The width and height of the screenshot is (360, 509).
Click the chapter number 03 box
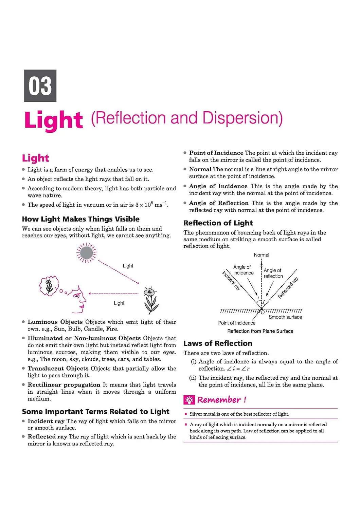coord(40,86)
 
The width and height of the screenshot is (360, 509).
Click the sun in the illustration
coord(86,253)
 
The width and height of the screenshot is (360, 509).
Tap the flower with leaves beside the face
coord(150,300)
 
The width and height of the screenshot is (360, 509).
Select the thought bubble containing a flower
coord(49,286)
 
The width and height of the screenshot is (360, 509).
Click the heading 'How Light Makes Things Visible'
coord(81,219)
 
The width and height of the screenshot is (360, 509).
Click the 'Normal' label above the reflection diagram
coord(262,255)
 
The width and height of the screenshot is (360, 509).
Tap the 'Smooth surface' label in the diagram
coord(285,317)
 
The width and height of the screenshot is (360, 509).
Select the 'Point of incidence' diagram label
coord(237,323)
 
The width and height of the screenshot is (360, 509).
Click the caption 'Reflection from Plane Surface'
coord(260,331)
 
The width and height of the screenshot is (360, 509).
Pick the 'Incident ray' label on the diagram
coord(231,280)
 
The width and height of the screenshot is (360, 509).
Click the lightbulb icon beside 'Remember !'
coord(189,400)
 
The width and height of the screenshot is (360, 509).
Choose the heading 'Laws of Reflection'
coord(218,343)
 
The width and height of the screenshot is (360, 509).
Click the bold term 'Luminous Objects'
coord(55,322)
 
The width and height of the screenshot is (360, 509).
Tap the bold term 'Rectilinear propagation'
coord(64,385)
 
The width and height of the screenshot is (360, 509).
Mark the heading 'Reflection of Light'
coord(218,223)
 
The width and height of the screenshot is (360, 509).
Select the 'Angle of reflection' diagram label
coord(273,273)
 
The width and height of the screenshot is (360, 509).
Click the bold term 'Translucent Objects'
coord(58,368)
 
